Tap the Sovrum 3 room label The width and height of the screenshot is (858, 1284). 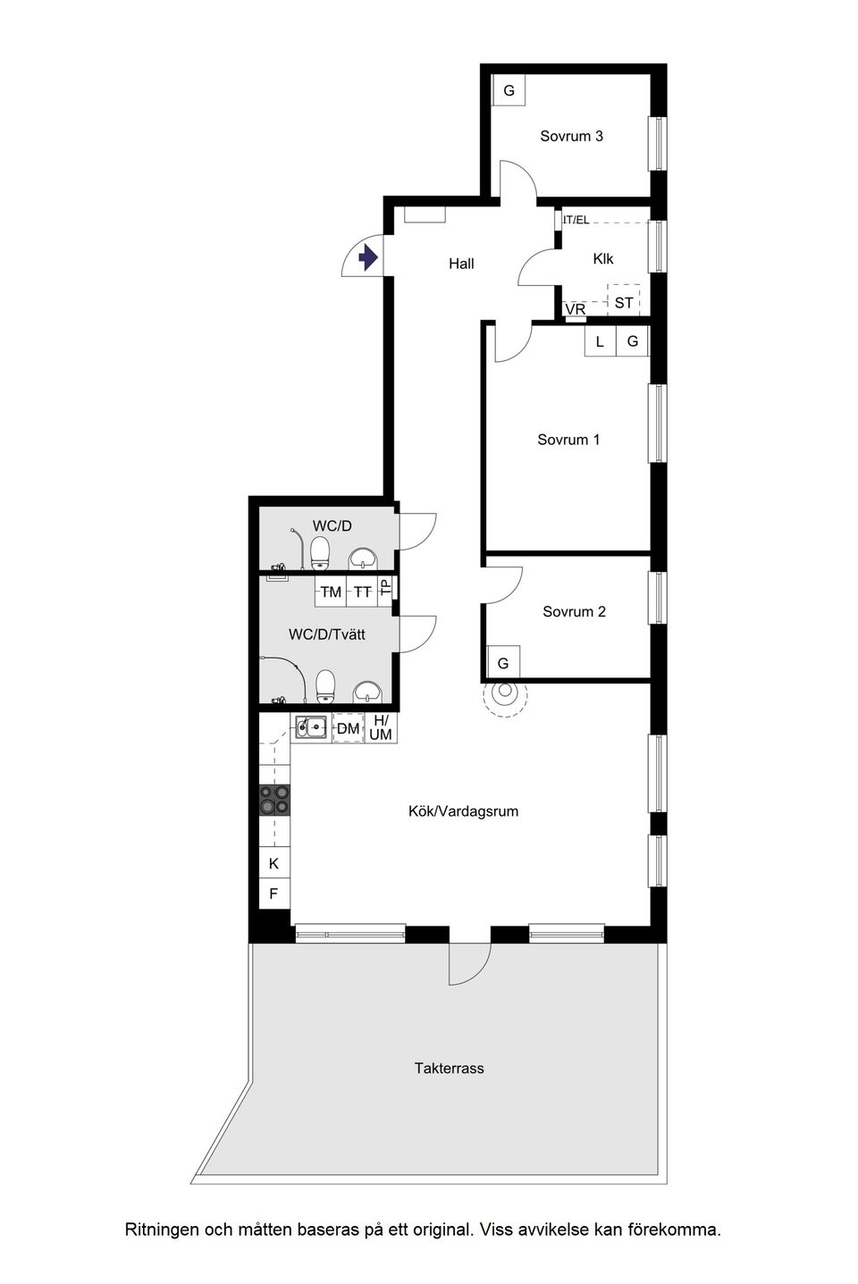click(x=571, y=136)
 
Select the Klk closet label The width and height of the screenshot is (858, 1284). click(x=603, y=259)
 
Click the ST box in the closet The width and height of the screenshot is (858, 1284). click(x=624, y=302)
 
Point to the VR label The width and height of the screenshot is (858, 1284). click(x=576, y=309)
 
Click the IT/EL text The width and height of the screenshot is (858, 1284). click(x=576, y=220)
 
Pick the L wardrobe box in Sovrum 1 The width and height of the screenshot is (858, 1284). click(x=600, y=341)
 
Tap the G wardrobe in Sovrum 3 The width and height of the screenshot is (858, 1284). click(x=509, y=90)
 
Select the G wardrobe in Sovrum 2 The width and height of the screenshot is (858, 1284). click(x=503, y=663)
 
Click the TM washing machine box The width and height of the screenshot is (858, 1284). click(x=331, y=592)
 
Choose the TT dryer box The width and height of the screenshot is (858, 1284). click(x=362, y=592)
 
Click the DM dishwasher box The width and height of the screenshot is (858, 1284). click(x=348, y=728)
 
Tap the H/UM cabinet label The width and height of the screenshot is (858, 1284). click(x=381, y=727)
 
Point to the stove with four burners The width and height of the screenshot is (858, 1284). click(x=274, y=799)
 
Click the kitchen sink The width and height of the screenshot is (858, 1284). click(x=310, y=727)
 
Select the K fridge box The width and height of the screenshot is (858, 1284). click(x=274, y=863)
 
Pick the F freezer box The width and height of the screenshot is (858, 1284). click(x=274, y=893)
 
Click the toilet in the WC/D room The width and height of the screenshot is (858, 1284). click(x=320, y=554)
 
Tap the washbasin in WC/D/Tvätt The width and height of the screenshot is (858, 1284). click(x=366, y=691)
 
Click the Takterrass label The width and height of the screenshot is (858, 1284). click(x=449, y=1068)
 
